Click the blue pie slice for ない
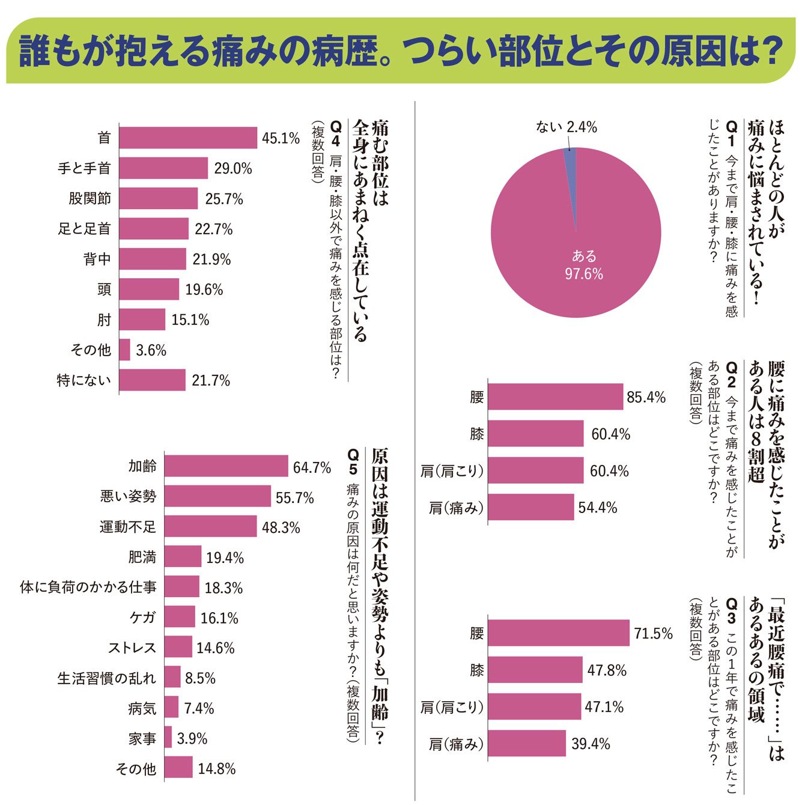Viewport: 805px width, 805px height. [571, 175]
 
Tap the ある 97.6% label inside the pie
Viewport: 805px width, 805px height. [584, 264]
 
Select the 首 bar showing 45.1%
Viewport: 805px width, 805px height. [188, 138]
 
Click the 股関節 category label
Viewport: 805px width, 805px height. [90, 198]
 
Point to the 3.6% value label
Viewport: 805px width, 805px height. [151, 350]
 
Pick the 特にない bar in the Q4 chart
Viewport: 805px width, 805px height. [152, 380]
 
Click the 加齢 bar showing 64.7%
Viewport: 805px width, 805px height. [226, 466]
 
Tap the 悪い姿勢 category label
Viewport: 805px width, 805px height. [128, 496]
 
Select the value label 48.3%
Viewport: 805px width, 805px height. [281, 527]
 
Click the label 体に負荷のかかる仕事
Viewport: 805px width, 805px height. [88, 587]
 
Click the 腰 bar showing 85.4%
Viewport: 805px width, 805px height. [556, 397]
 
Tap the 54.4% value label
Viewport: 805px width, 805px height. [598, 508]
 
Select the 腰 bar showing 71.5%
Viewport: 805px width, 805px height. [559, 633]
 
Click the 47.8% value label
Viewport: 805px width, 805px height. [607, 670]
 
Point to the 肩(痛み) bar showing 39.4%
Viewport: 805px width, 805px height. [527, 744]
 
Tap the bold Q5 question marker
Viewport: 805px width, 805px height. [353, 462]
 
